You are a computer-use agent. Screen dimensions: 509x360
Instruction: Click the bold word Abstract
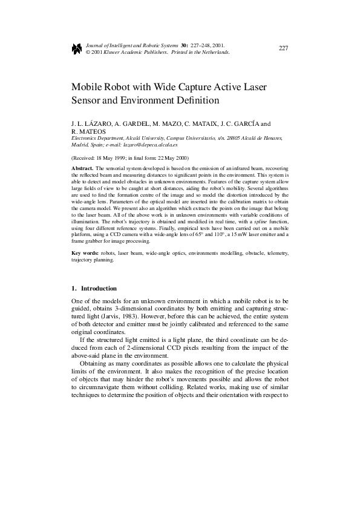[82, 166]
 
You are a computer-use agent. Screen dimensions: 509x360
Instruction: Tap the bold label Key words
[83, 252]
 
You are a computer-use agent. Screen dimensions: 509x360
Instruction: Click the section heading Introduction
[99, 288]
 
